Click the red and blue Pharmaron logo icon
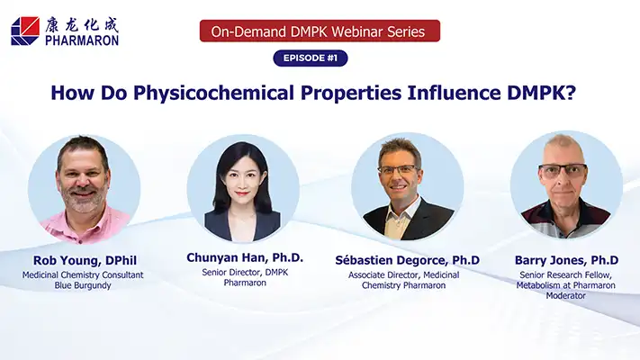(25, 31)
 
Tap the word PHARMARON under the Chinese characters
(82, 40)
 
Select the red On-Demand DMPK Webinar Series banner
(320, 31)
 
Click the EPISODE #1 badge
(311, 58)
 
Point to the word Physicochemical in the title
(213, 93)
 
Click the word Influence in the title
(454, 93)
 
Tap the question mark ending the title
(571, 93)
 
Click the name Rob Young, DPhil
(85, 260)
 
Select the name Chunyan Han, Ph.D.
(245, 257)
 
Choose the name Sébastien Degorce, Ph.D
(408, 260)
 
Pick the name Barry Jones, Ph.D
(566, 260)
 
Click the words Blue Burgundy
(83, 285)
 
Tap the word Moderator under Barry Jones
(565, 295)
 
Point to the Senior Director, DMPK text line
(245, 272)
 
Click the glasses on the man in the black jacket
(399, 169)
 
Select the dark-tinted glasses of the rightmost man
(563, 171)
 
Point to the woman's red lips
(242, 193)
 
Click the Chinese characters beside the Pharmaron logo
(82, 25)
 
